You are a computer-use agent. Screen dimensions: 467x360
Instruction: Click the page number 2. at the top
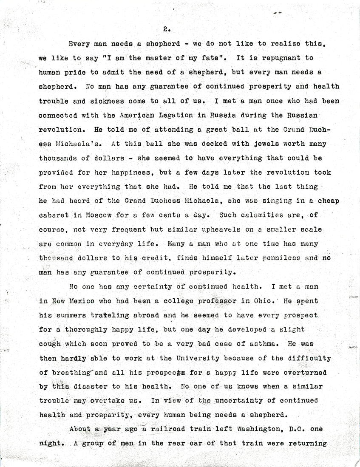[167, 29]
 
